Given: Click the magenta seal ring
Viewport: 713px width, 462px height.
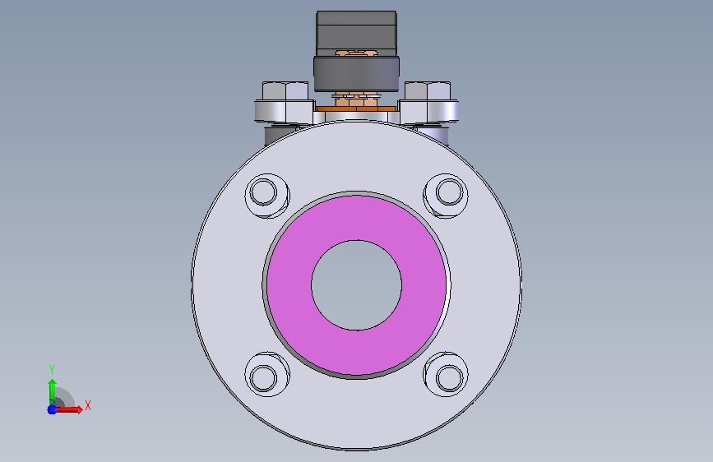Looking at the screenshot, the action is tap(289, 285).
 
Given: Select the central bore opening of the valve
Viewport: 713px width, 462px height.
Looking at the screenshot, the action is tap(357, 285).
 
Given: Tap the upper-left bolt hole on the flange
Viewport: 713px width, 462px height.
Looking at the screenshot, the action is tap(264, 192).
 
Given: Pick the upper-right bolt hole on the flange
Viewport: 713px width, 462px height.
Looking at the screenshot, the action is tap(450, 192).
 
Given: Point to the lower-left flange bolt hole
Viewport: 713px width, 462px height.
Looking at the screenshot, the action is tap(264, 378).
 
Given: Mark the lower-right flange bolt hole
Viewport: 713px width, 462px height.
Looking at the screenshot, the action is tap(450, 378).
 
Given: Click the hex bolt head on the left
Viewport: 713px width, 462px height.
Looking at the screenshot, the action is tap(285, 91).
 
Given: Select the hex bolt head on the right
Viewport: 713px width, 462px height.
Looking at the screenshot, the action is tap(428, 91).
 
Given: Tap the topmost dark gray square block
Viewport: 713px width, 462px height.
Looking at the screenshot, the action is tap(357, 31).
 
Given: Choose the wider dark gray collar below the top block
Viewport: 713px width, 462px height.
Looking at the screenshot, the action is tap(357, 73).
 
